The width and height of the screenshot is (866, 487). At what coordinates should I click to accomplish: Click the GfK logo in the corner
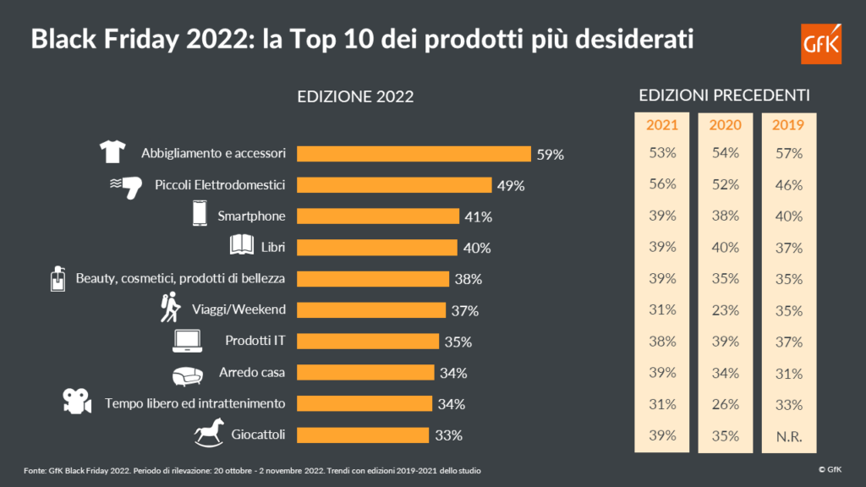[x=820, y=43]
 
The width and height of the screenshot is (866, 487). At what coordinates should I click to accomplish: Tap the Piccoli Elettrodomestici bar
[x=395, y=185]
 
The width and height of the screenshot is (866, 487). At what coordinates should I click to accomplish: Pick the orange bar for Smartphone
[x=379, y=216]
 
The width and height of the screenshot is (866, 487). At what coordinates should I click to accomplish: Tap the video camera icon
[x=76, y=402]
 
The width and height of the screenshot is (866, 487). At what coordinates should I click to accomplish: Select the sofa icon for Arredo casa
[x=187, y=373]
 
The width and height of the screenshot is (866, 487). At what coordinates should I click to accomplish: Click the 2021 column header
[x=662, y=125]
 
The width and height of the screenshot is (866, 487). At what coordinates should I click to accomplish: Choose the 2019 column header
[x=788, y=125]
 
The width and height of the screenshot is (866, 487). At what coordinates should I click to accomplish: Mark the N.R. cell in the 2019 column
[x=788, y=436]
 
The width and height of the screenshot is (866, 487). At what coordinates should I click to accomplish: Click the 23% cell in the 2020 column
[x=725, y=310]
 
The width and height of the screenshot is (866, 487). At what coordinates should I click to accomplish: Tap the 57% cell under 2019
[x=788, y=154]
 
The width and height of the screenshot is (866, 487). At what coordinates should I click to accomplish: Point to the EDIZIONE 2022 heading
[x=355, y=96]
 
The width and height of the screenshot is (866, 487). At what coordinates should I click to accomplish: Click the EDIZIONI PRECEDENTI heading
[x=725, y=95]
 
